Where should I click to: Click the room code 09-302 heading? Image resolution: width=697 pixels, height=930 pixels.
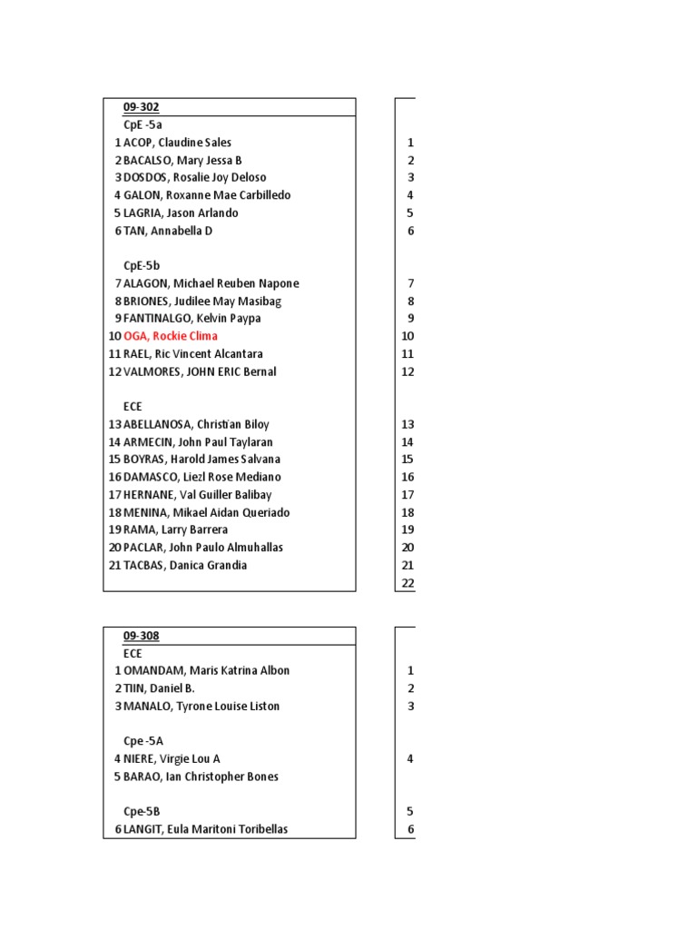point(141,107)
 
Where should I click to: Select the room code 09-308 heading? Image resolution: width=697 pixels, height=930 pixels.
point(141,636)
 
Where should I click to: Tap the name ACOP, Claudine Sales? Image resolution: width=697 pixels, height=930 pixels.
point(177,143)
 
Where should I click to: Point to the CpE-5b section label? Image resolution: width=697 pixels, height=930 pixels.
point(142,265)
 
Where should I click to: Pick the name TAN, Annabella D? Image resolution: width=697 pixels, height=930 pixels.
point(168,231)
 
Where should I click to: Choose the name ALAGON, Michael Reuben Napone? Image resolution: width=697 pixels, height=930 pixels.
point(211,283)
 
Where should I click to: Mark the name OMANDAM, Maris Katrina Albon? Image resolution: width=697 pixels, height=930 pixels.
point(207,670)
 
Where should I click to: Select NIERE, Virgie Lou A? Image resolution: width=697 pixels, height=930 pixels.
point(172,758)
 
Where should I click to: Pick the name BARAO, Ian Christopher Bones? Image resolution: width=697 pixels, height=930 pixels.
point(201,777)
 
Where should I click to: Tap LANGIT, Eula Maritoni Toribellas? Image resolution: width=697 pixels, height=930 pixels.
point(206,829)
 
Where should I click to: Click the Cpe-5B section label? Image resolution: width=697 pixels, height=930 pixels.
point(142,811)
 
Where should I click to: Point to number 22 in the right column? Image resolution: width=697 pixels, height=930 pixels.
point(407,583)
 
